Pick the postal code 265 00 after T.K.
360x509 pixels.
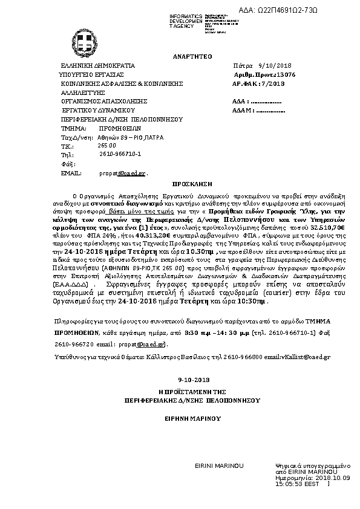pyautogui.click(x=106, y=146)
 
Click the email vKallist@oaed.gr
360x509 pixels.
pyautogui.click(x=304, y=358)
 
